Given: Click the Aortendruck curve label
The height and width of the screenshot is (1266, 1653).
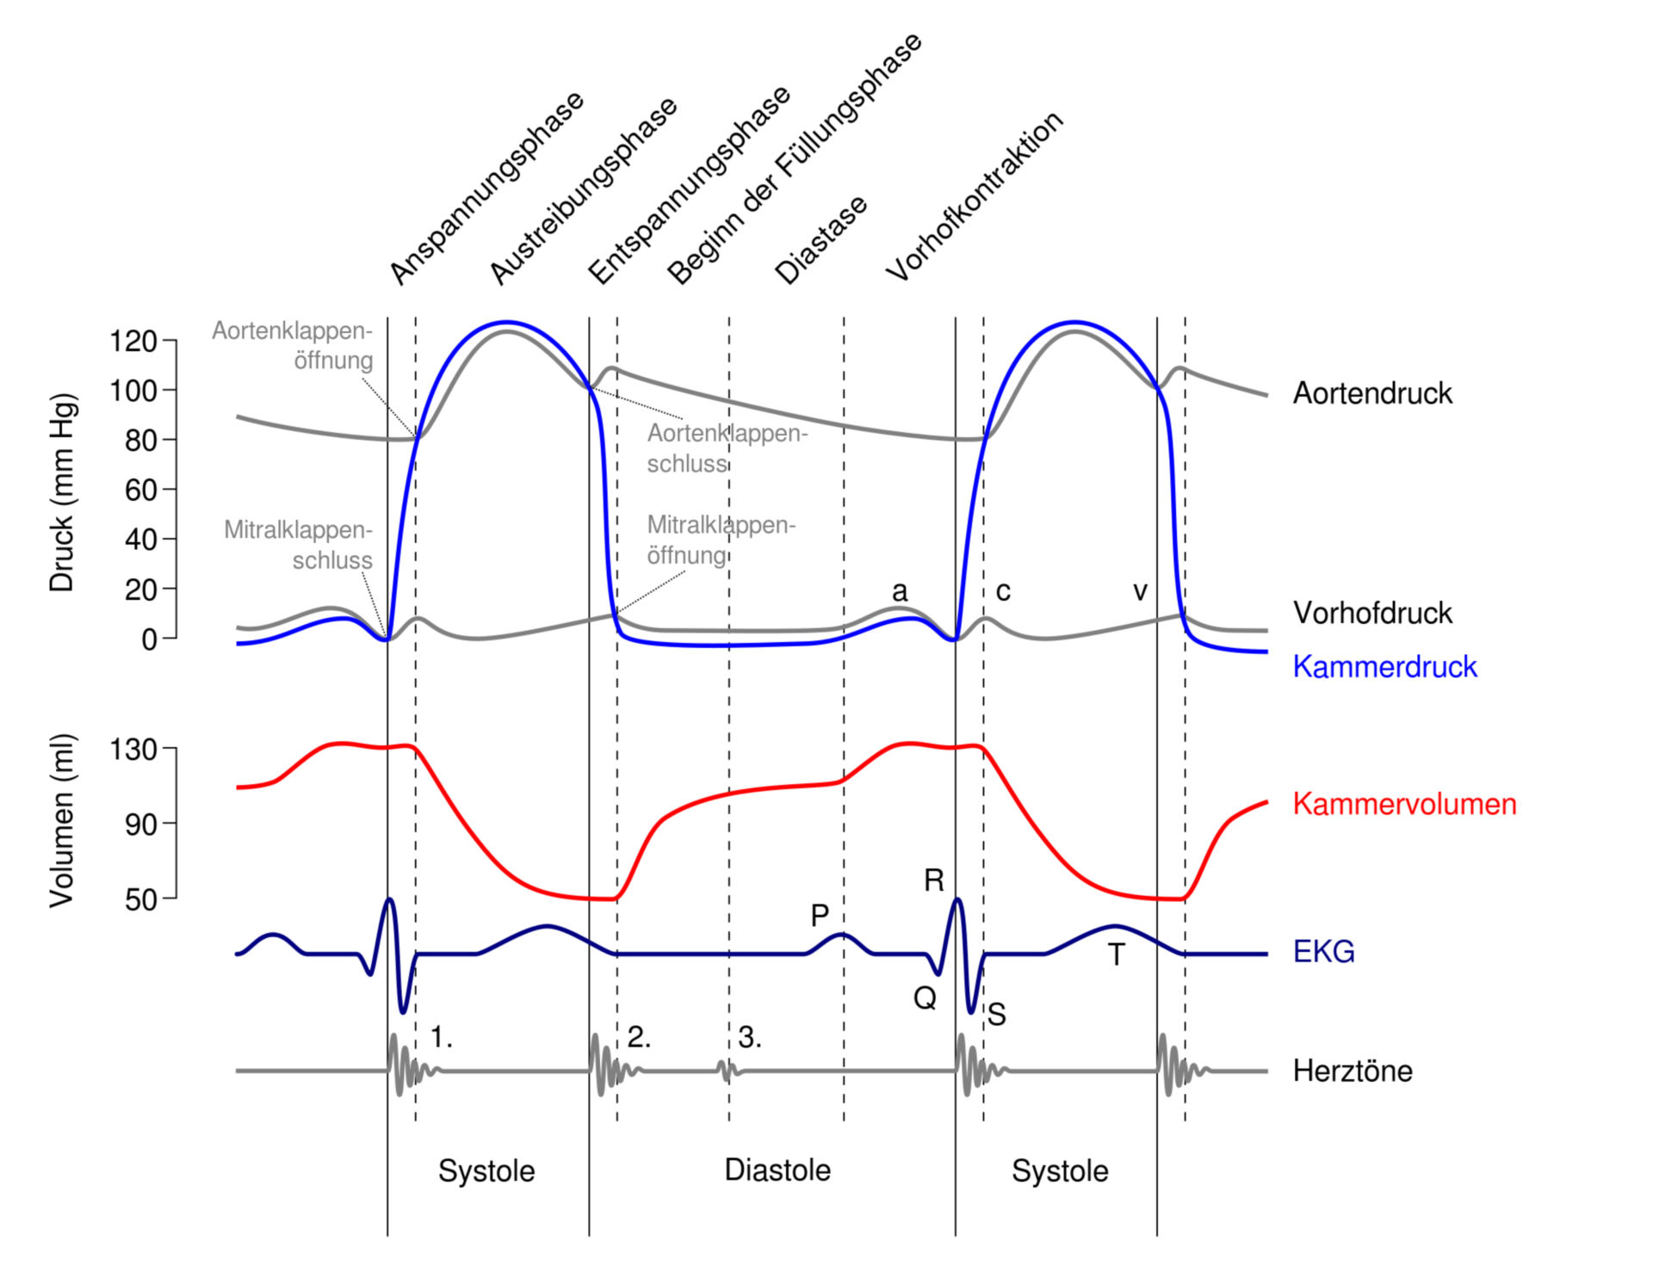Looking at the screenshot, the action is click(1372, 393).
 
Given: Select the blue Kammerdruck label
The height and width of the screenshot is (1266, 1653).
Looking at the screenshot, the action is click(1384, 667).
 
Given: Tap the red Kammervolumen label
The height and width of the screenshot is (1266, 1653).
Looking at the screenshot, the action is click(1404, 804).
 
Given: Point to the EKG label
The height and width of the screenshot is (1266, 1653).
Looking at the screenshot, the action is click(1323, 952).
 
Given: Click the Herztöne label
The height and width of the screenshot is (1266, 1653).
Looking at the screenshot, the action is click(1353, 1071).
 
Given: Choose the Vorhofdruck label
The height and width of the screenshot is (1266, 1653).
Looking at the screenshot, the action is click(1372, 613).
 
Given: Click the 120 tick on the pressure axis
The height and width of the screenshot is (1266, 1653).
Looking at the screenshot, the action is click(133, 342).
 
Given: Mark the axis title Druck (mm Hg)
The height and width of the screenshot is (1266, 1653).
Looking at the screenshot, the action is click(62, 493).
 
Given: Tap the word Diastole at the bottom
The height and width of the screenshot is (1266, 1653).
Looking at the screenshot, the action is click(777, 1170).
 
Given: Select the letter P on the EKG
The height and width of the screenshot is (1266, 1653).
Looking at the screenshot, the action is click(820, 916).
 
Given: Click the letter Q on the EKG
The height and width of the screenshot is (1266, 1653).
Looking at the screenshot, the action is click(925, 998).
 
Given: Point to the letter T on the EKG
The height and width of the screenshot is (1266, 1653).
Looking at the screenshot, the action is click(1116, 954).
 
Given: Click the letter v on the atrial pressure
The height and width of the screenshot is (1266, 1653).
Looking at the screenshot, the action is click(1140, 591).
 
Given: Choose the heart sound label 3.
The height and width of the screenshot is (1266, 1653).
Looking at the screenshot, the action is click(750, 1037).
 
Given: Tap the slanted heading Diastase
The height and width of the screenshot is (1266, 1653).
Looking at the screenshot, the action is click(821, 240).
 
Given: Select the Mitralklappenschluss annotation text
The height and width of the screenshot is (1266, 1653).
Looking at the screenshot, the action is click(298, 545).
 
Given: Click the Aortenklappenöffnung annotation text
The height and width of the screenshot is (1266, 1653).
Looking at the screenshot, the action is click(293, 346).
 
